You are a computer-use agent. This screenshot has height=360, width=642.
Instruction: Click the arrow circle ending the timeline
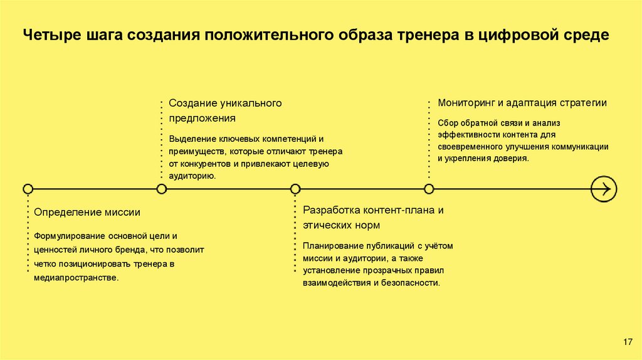pos(604,188)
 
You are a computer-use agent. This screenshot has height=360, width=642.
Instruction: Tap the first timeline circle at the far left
pos(28,189)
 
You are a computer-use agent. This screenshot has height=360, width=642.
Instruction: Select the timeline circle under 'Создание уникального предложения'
pos(162,189)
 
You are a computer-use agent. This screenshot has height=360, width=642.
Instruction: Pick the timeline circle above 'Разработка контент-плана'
pos(295,189)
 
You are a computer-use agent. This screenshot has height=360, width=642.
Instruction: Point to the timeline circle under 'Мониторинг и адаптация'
pos(429,189)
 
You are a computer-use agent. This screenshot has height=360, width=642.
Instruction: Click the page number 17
pos(628,341)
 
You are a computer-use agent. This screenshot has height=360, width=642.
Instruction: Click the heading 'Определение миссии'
pos(87,213)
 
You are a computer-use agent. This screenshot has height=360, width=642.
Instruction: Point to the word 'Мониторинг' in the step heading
pos(463,102)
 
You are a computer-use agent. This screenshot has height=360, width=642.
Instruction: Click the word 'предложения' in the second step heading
pos(202,118)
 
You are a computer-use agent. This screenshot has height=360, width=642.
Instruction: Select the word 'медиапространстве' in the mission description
pos(76,277)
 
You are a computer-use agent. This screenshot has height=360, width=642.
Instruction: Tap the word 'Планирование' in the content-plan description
pos(329,245)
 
